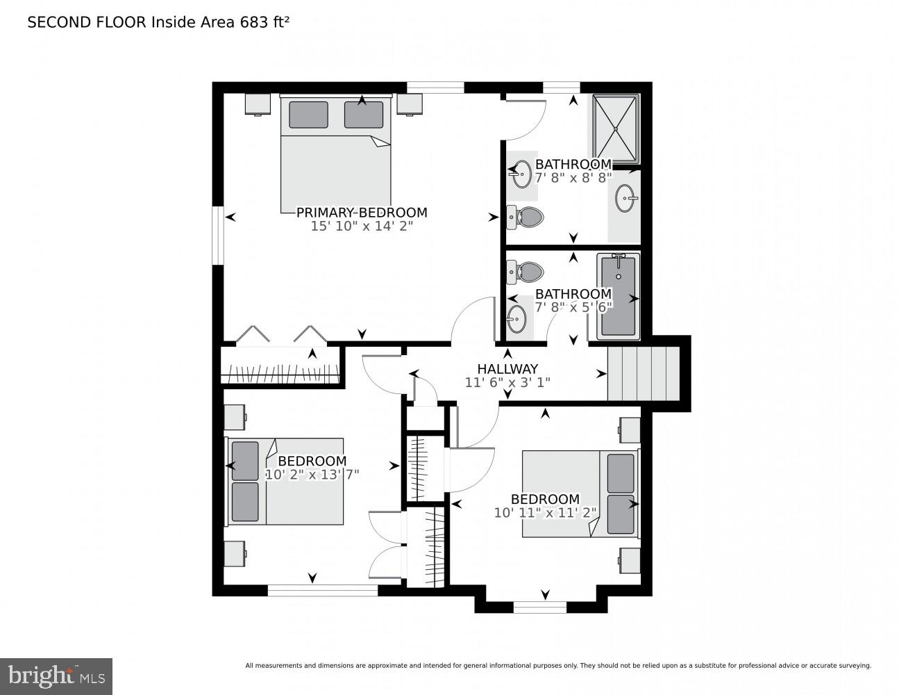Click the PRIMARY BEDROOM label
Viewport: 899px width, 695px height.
(362, 213)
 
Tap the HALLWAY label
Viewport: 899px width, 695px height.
(507, 369)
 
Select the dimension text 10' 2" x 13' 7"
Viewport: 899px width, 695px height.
(312, 475)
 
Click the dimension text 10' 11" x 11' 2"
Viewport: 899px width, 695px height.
(545, 513)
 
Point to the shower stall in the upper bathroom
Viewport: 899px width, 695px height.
(614, 127)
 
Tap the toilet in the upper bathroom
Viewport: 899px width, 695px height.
(525, 218)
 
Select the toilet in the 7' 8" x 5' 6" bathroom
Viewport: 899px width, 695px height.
(525, 271)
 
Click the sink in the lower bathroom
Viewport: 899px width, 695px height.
(516, 319)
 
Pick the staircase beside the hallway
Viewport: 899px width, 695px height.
(643, 373)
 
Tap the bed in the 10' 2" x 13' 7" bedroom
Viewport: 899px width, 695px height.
(286, 481)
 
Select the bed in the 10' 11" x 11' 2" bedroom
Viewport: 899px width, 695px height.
(580, 493)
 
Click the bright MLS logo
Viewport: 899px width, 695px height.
(56, 676)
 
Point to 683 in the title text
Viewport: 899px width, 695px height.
(254, 22)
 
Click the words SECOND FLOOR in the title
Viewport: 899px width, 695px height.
(87, 22)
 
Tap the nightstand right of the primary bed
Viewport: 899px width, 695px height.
(410, 104)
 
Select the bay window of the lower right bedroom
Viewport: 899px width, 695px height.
(540, 607)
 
